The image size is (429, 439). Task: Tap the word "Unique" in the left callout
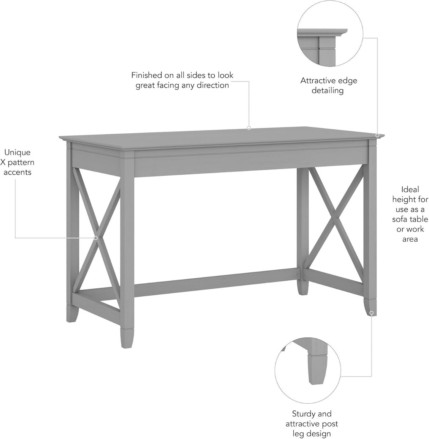[x=17, y=152]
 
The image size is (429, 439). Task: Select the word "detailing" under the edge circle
[x=327, y=90]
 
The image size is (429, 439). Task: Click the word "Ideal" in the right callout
[x=410, y=190]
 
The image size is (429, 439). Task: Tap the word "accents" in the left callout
[x=17, y=172]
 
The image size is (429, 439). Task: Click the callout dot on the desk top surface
[x=249, y=128]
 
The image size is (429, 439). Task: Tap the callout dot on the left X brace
[x=96, y=238]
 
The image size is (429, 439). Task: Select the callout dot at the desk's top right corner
[x=378, y=135]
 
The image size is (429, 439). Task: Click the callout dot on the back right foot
[x=371, y=313]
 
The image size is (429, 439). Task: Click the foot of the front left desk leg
[x=127, y=338]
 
